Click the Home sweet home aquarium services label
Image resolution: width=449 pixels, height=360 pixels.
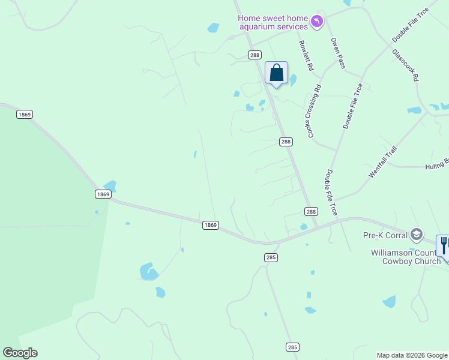click(x=273, y=22)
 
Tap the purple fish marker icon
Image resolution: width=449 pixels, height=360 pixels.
click(x=317, y=22)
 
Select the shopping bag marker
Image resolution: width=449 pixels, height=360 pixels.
click(x=276, y=74)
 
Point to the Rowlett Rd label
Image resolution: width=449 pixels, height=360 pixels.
click(x=306, y=56)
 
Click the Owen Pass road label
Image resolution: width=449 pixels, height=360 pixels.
click(x=338, y=53)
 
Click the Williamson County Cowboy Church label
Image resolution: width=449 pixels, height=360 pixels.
click(x=406, y=257)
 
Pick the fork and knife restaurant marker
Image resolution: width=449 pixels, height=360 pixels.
click(x=444, y=245)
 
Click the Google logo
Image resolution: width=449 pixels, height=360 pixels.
click(x=20, y=353)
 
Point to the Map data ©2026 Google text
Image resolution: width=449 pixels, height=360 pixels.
click(x=412, y=355)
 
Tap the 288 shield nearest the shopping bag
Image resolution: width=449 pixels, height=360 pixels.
click(x=255, y=55)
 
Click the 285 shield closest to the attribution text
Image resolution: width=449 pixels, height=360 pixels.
click(x=292, y=347)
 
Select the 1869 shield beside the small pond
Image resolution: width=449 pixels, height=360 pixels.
click(x=103, y=194)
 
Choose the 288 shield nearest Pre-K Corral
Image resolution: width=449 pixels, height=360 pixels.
click(x=310, y=211)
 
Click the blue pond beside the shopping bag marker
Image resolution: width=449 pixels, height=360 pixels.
click(x=293, y=79)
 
